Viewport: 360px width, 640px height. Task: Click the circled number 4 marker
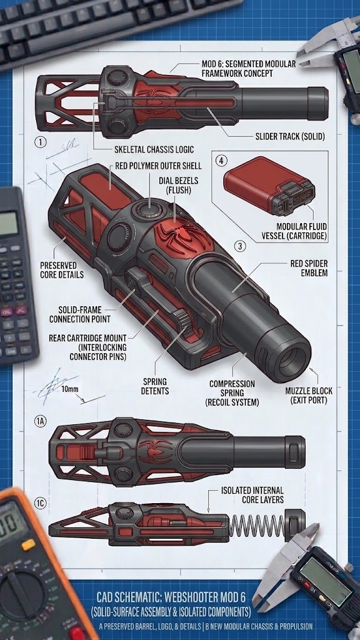pos(221,161)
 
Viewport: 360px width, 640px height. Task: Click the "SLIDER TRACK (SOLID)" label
pos(290,136)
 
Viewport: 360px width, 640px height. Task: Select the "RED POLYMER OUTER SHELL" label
pos(158,166)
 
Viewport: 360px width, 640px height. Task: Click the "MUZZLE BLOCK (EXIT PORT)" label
pos(309,396)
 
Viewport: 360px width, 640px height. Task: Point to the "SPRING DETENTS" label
pos(154,386)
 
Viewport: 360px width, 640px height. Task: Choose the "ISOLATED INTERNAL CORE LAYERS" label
pos(252,495)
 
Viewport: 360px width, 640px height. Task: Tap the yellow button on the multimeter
pos(27,544)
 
